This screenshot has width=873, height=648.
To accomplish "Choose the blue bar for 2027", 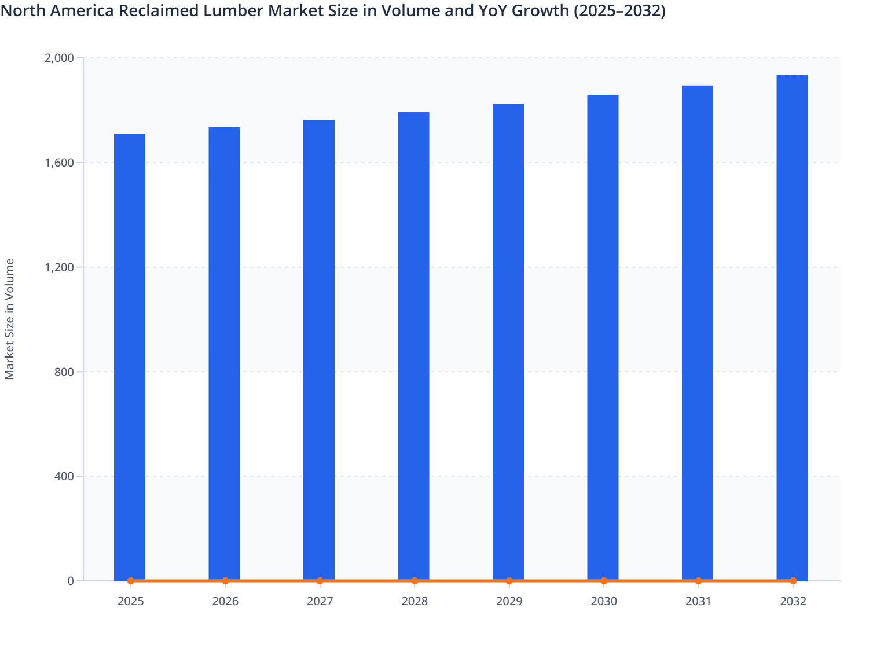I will coord(319,350).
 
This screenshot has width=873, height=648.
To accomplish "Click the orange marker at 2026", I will coord(225,581).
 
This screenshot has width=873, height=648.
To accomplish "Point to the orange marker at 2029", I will coord(509,581).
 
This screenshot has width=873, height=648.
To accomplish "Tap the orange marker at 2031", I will coord(698,581).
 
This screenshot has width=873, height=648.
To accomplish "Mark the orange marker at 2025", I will coord(131,581).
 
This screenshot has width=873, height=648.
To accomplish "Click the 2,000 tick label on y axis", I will coord(59,58).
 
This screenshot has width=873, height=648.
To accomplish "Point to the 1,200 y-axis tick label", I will coord(59,267).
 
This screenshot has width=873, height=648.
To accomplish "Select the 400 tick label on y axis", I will coord(64,476).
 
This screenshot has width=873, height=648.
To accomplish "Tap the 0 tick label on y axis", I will coord(71,581).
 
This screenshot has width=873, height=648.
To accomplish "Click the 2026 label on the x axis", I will coord(225,601).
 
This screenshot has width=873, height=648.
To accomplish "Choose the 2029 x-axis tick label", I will coord(509,601).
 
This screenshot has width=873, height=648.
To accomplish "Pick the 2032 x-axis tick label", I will coord(793,601).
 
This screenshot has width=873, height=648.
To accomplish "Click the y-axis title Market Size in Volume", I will coord(10,319).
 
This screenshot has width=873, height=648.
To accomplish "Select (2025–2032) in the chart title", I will coord(619,10).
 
